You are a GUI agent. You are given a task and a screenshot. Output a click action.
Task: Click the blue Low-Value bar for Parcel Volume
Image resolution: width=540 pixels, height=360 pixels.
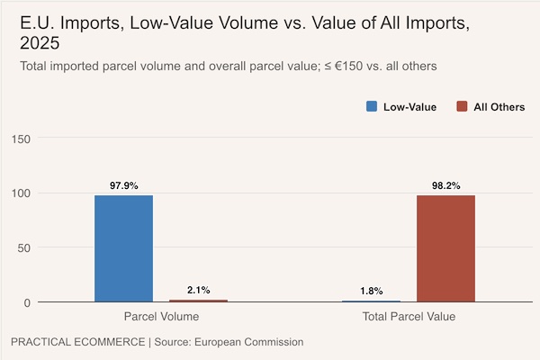pyautogui.click(x=123, y=248)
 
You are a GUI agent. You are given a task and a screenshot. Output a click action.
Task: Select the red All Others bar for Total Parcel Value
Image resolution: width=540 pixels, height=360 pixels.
pyautogui.click(x=445, y=248)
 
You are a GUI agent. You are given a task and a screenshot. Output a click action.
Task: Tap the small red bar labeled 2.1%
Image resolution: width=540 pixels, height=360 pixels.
pyautogui.click(x=198, y=301)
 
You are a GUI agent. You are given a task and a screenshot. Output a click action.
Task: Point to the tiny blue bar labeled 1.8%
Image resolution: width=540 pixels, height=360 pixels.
pyautogui.click(x=371, y=301)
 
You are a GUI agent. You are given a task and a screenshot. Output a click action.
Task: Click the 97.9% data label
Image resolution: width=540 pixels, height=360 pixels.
pyautogui.click(x=123, y=185)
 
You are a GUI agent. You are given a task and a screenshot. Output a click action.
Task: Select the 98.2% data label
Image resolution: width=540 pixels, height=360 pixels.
pyautogui.click(x=445, y=185)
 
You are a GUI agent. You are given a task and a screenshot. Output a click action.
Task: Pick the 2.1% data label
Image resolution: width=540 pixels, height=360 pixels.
pyautogui.click(x=198, y=290)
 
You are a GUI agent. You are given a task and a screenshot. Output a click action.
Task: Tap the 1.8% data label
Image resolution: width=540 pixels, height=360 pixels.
pyautogui.click(x=371, y=291)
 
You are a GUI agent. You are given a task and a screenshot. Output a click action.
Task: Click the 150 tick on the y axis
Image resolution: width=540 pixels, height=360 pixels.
pyautogui.click(x=21, y=138)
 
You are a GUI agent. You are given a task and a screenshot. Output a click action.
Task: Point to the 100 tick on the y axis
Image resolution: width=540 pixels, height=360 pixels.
pyautogui.click(x=21, y=193)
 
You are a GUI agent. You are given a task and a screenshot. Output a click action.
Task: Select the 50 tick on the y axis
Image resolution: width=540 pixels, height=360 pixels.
pyautogui.click(x=24, y=247)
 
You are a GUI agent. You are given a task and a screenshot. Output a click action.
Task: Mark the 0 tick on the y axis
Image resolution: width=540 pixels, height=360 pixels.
pyautogui.click(x=28, y=302)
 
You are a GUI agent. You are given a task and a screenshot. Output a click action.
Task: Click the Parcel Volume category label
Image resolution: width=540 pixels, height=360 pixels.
pyautogui.click(x=161, y=317)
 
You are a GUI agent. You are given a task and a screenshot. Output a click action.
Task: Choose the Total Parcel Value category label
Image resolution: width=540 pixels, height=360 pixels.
pyautogui.click(x=409, y=317)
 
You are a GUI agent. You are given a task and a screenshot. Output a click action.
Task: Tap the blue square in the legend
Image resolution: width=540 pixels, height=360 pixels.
pyautogui.click(x=372, y=106)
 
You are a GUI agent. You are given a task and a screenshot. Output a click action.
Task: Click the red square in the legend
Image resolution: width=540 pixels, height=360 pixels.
pyautogui.click(x=462, y=106)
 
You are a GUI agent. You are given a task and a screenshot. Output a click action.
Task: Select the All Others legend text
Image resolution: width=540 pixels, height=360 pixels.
pyautogui.click(x=499, y=107)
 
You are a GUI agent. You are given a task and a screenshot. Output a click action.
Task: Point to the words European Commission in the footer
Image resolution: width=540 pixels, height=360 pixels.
pyautogui.click(x=252, y=342)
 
